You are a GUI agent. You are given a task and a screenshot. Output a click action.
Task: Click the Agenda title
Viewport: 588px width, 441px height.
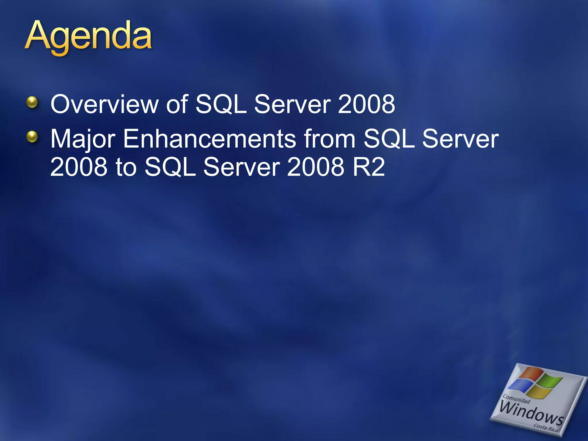click(88, 37)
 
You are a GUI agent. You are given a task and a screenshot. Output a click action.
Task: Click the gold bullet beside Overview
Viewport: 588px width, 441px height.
click(32, 102)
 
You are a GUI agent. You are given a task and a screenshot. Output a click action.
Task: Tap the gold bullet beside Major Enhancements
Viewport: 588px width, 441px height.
click(32, 137)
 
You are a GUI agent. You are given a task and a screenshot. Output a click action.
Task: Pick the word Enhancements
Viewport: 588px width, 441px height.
click(210, 139)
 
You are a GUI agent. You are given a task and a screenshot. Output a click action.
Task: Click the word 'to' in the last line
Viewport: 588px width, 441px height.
click(126, 167)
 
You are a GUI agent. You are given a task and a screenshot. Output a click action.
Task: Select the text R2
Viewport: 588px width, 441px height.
click(369, 167)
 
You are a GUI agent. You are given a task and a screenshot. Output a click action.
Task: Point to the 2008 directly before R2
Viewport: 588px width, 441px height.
click(315, 167)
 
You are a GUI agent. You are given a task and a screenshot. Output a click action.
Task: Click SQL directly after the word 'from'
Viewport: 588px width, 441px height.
click(389, 139)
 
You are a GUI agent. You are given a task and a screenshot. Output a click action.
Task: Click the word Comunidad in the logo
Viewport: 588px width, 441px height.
click(516, 399)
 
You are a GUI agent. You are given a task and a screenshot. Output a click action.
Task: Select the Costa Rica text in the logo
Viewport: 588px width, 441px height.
click(546, 428)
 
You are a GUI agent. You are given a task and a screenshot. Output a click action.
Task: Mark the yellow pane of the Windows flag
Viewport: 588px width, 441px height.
click(540, 393)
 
